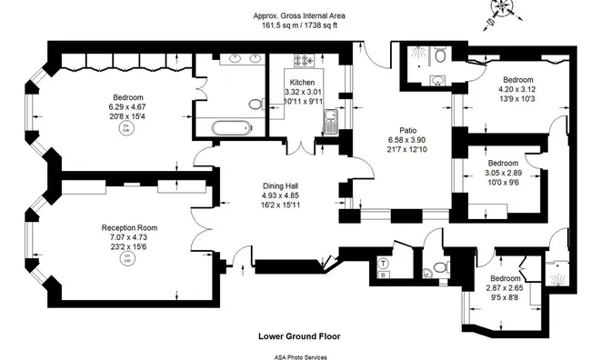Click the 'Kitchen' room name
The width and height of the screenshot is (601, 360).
pyautogui.click(x=303, y=83)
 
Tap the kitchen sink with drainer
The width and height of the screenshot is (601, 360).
pyautogui.click(x=331, y=122)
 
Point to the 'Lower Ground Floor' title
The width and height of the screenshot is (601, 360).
pyautogui.click(x=300, y=335)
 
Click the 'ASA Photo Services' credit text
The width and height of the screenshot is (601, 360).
pyautogui.click(x=300, y=356)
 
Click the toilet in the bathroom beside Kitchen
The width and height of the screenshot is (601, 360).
pyautogui.click(x=440, y=56)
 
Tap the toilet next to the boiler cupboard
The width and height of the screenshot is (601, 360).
pyautogui.click(x=440, y=267)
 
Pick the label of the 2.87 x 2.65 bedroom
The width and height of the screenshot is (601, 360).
pyautogui.click(x=506, y=278)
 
